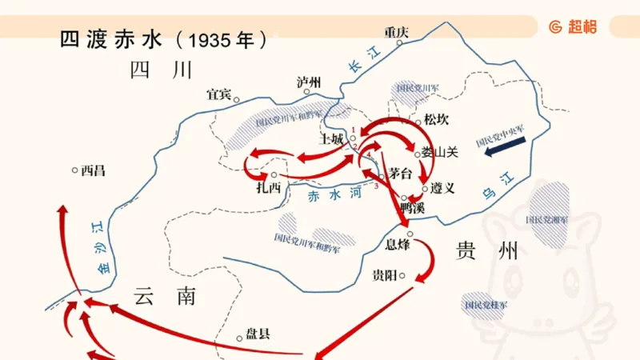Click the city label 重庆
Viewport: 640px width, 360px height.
point(396,33)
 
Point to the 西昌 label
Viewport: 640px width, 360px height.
point(93,170)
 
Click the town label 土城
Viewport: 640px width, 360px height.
point(331,138)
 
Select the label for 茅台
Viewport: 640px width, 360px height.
point(401,174)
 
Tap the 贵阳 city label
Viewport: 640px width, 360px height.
point(385,276)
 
